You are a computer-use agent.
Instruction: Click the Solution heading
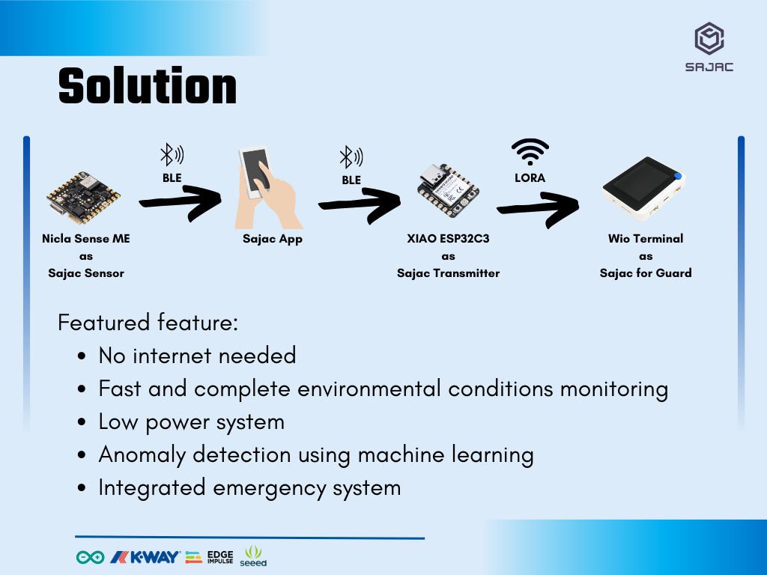click(x=148, y=86)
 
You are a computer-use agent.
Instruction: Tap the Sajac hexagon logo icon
click(x=709, y=38)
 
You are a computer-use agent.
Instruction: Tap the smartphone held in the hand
click(x=255, y=172)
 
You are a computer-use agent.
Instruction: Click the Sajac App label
click(x=273, y=239)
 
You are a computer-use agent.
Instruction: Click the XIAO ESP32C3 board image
click(x=448, y=189)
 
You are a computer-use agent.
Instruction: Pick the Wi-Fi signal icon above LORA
click(x=530, y=151)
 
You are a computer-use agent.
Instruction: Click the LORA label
click(x=530, y=178)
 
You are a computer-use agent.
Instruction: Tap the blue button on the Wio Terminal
click(x=677, y=176)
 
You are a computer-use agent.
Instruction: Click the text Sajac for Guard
click(x=646, y=273)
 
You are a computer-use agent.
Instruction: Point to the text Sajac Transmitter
click(x=448, y=273)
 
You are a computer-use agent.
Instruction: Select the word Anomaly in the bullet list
click(x=142, y=455)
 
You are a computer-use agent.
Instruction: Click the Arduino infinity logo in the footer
click(x=91, y=557)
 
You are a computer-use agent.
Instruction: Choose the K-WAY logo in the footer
click(x=145, y=557)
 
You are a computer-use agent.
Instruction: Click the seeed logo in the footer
click(x=253, y=556)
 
